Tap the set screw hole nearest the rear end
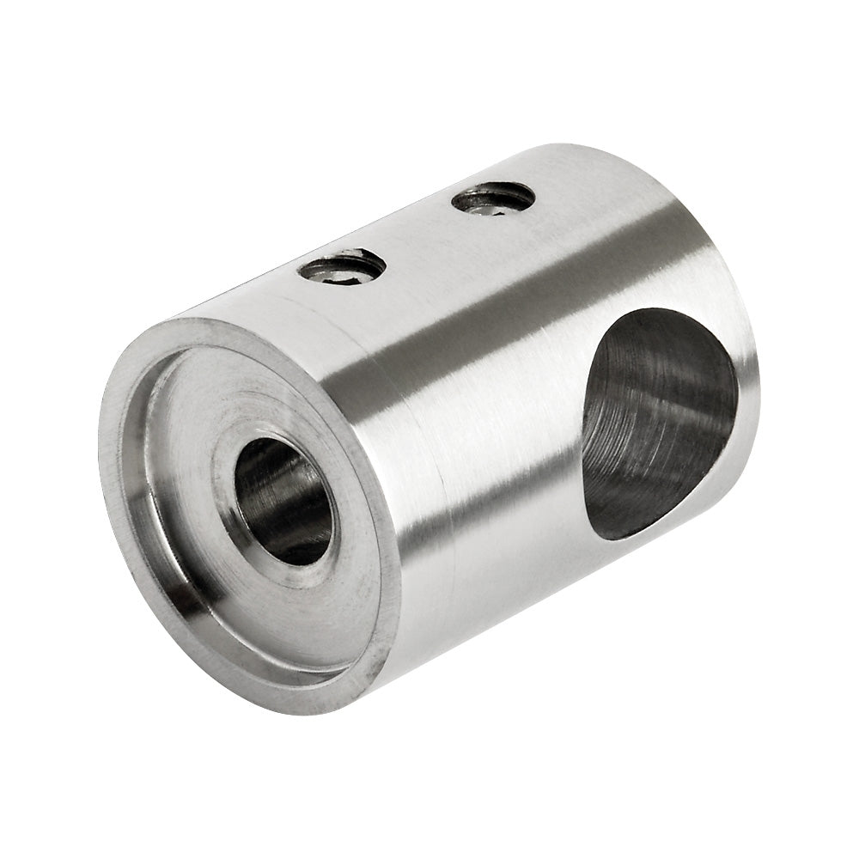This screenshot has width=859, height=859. [493, 198]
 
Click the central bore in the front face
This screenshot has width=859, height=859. [283, 501]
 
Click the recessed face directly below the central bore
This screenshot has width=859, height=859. [318, 614]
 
